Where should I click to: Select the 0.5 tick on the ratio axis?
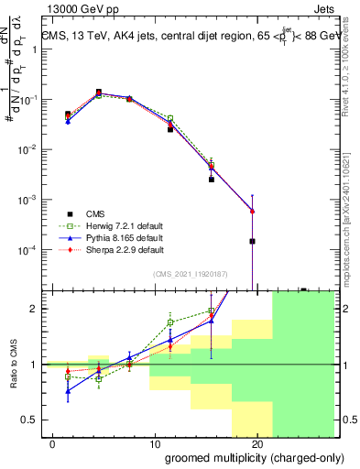(x=34, y=420)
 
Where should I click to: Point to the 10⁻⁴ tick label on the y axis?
(x=30, y=250)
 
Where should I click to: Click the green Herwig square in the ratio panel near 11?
(x=170, y=322)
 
